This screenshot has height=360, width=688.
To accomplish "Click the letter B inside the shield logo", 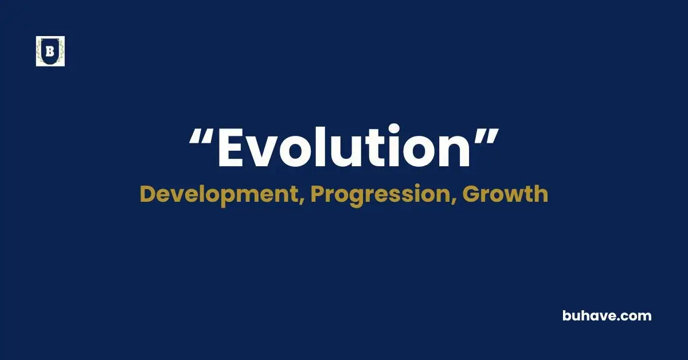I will coord(50,52).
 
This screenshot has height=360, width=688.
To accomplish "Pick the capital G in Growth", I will coord(471,194).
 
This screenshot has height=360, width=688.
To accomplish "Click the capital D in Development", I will coord(148,194).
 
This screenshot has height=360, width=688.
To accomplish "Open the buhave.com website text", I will coord(607,315).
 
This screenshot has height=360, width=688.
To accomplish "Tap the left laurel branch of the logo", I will coord(41,53).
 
